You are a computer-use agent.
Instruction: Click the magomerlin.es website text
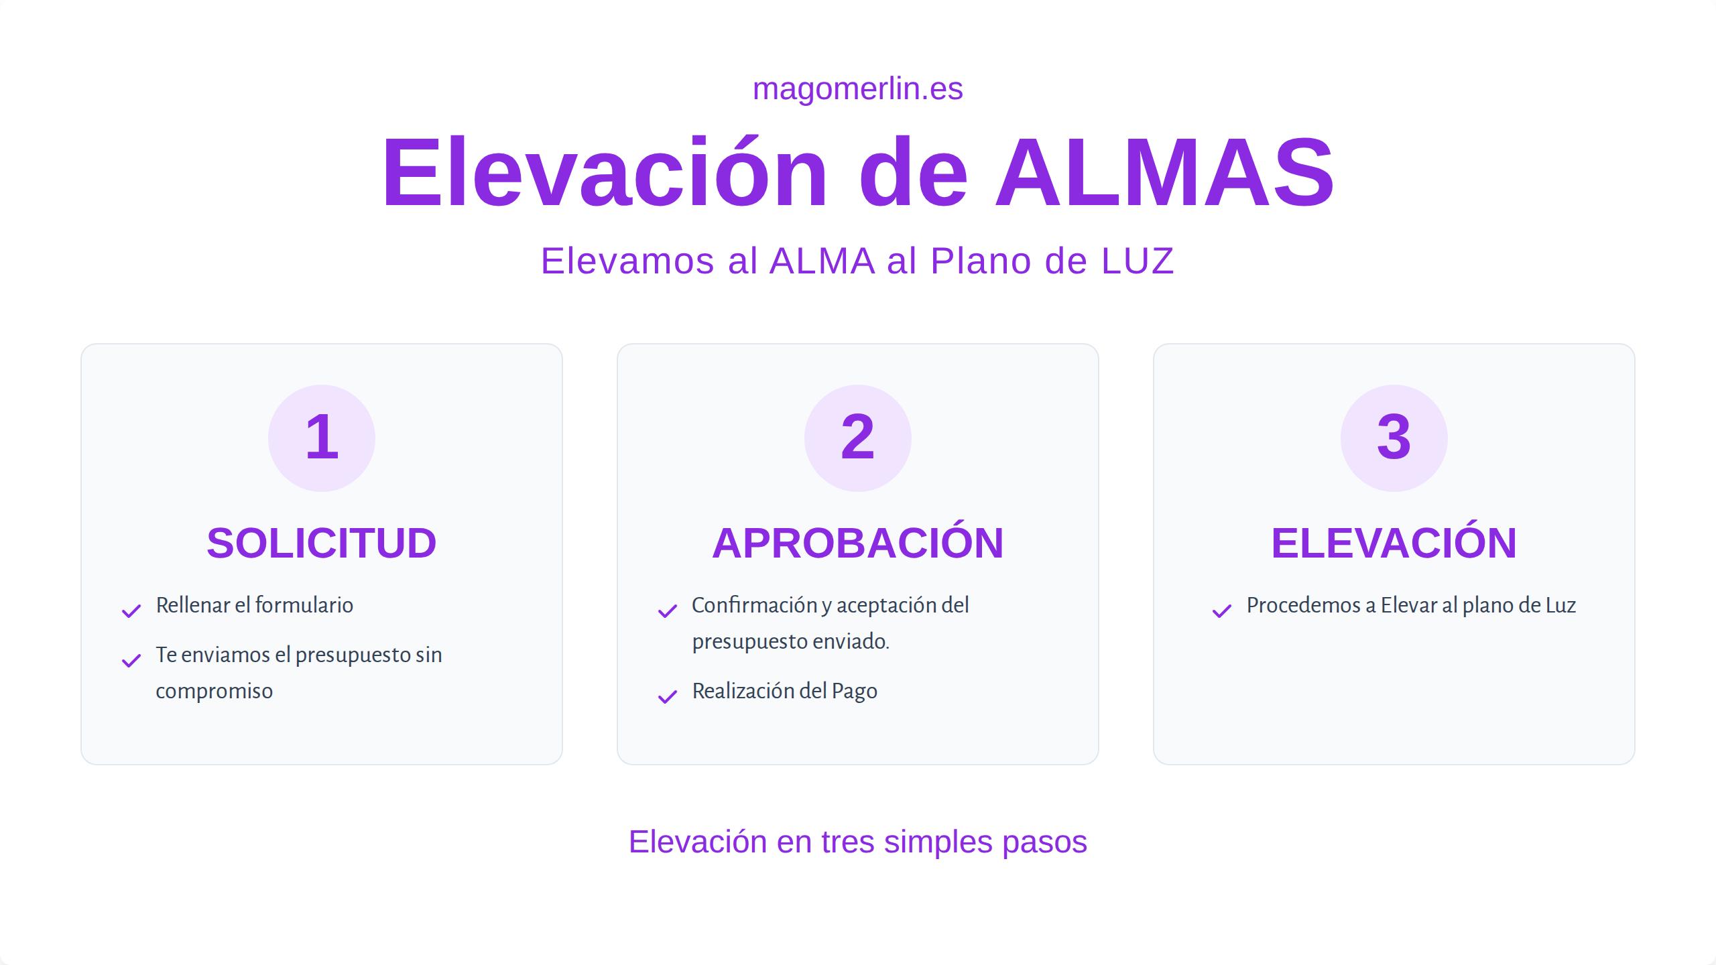coord(857,89)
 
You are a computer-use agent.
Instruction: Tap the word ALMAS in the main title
coord(1165,173)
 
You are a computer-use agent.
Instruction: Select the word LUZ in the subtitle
coord(1138,261)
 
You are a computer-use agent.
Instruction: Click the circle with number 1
coord(322,438)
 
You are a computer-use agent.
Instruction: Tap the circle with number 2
coord(857,438)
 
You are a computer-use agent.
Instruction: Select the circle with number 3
coord(1394,438)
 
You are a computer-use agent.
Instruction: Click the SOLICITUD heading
coord(322,543)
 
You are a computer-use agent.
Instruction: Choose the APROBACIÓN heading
coord(857,543)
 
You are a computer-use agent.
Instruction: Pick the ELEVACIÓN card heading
coord(1394,543)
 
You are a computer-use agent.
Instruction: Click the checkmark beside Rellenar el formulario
coord(131,610)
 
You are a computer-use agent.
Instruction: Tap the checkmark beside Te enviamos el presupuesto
coord(131,661)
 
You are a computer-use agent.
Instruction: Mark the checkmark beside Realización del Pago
coord(668,697)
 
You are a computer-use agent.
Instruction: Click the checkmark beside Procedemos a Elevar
coord(1222,610)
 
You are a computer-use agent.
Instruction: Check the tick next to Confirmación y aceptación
coord(668,610)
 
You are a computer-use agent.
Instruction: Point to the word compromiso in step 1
coord(214,692)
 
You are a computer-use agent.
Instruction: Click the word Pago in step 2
coord(854,692)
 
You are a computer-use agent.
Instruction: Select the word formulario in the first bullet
coord(304,605)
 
